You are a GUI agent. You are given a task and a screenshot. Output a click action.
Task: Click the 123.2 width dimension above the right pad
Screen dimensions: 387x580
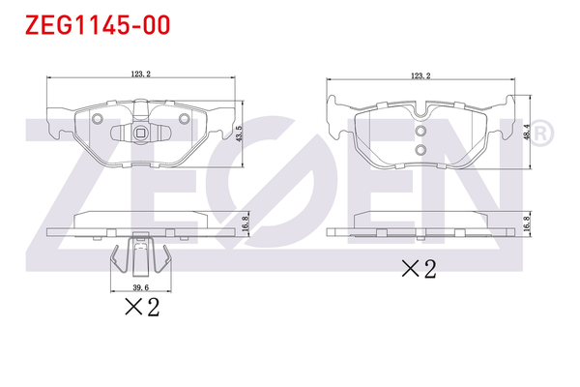(x=420, y=74)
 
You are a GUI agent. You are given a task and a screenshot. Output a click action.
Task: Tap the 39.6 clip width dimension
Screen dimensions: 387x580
(x=142, y=286)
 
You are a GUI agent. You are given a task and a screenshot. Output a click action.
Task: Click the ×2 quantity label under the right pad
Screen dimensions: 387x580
(x=419, y=268)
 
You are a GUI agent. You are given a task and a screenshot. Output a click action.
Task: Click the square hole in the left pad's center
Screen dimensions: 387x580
(x=141, y=134)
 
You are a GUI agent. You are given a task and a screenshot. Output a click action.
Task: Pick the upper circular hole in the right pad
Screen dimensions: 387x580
(x=420, y=133)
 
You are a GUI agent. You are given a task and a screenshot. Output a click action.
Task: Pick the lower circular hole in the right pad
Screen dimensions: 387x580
(x=420, y=150)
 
